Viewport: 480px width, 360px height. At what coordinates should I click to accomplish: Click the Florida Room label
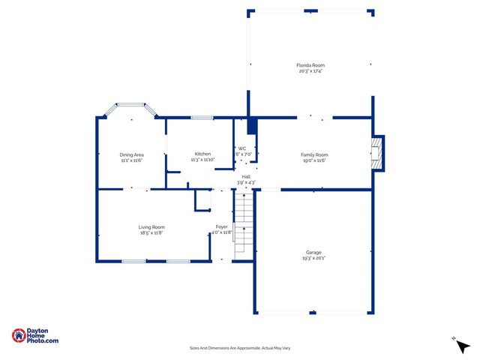click(310, 65)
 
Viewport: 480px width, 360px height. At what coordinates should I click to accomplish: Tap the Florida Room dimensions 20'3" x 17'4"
click(310, 71)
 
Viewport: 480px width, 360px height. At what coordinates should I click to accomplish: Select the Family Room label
click(315, 154)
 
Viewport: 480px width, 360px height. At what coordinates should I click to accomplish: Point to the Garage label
click(313, 253)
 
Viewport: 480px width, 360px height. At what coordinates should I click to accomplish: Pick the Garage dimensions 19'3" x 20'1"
click(313, 259)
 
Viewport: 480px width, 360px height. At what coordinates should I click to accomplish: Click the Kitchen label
click(202, 154)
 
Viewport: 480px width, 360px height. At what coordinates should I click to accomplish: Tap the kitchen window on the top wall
click(201, 117)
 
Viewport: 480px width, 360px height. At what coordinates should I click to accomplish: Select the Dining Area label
click(131, 154)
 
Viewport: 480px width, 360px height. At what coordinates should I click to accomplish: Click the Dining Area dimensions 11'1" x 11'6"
click(131, 160)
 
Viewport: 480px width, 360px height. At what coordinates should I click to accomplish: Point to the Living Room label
click(151, 227)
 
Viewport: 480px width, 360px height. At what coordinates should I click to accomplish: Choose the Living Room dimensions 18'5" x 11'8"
click(151, 233)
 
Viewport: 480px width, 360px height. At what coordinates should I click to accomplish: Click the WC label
click(242, 148)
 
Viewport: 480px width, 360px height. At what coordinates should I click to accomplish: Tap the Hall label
click(246, 176)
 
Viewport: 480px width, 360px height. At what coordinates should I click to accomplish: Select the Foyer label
click(222, 226)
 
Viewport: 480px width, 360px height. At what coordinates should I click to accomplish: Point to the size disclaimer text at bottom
click(239, 348)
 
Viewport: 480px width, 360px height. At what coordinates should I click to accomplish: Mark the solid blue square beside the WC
click(252, 125)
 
